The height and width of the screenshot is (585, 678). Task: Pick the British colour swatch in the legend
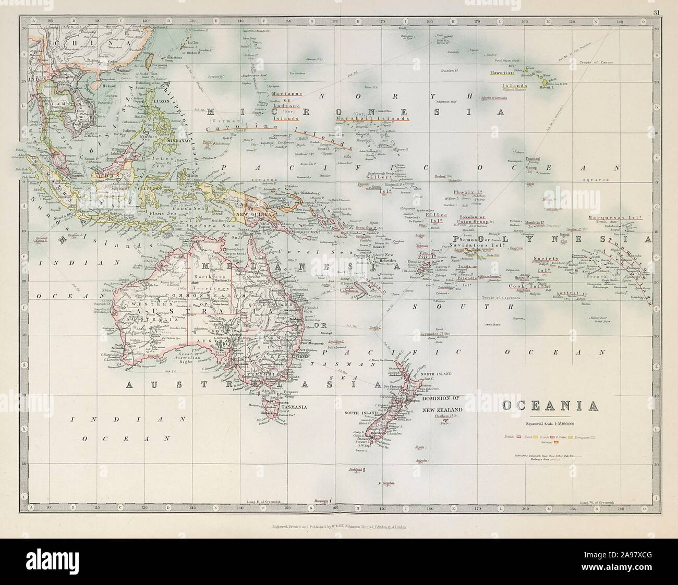pyautogui.click(x=519, y=436)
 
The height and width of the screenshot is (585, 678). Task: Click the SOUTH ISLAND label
pyautogui.click(x=358, y=412)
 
